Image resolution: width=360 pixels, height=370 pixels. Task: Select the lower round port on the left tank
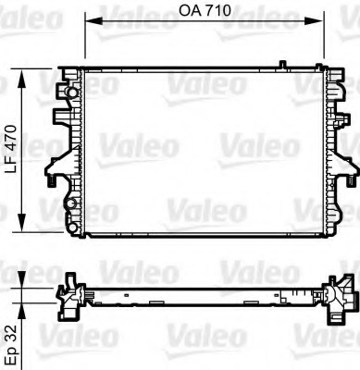coord(71,204)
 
